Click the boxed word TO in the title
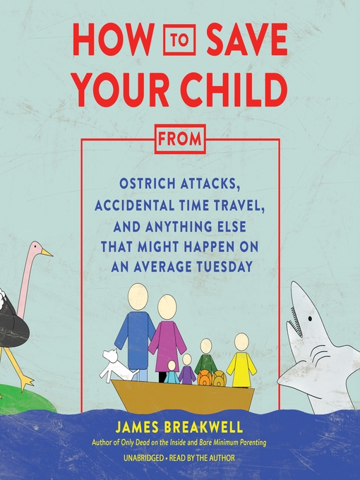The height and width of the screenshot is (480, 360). (179, 40)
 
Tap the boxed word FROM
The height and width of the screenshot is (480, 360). (180, 139)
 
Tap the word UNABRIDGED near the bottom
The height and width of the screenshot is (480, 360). (143, 458)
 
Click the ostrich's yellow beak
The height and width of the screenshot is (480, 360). (47, 253)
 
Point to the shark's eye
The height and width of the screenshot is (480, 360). (310, 318)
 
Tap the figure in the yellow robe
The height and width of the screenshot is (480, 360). (241, 361)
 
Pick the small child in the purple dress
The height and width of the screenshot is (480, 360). (187, 369)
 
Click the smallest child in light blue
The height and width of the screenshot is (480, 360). (172, 372)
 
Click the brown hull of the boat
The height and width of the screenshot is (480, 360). (183, 395)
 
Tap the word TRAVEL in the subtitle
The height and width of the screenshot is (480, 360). (239, 206)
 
